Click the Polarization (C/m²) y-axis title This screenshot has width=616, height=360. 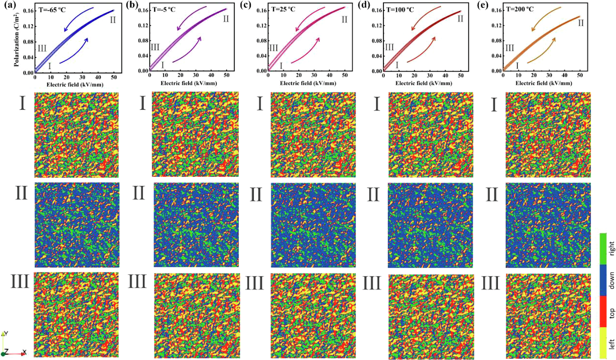[17, 39]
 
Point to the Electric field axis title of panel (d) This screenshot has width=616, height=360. [423, 83]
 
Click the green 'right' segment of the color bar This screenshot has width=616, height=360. [603, 249]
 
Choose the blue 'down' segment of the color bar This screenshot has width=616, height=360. [603, 280]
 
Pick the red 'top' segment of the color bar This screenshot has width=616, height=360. [603, 311]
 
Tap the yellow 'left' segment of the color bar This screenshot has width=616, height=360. [603, 343]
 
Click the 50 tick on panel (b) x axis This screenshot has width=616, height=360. [227, 75]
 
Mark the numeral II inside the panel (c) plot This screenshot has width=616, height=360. [344, 20]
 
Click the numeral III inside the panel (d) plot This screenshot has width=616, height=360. [389, 47]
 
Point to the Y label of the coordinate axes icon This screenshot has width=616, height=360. [6, 333]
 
